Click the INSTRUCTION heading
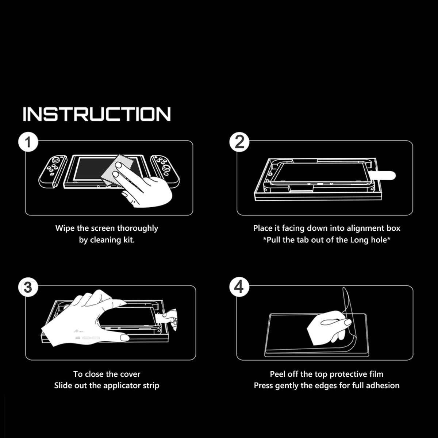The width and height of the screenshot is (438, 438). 97,114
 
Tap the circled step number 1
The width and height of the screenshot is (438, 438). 28,142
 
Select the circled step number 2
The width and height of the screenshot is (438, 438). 239,142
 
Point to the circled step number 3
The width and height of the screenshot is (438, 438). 28,287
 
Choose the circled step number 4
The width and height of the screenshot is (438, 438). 239,287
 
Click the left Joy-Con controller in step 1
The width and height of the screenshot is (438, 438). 53,172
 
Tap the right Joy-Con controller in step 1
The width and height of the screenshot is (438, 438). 165,172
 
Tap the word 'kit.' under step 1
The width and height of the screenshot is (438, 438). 129,240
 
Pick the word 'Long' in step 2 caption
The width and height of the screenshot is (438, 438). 360,240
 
